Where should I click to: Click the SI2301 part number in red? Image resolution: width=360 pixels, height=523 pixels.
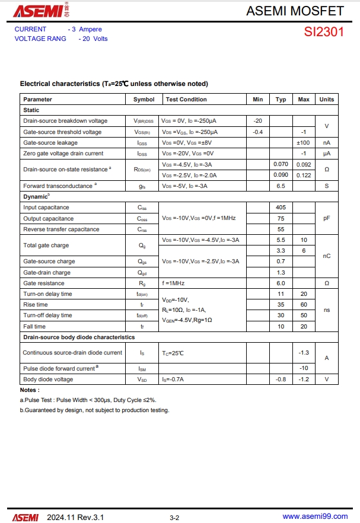(x=324, y=32)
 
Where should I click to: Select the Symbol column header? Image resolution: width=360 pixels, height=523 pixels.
(x=144, y=100)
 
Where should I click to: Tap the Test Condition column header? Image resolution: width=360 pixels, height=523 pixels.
(x=186, y=100)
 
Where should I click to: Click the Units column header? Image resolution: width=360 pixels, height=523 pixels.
(x=327, y=100)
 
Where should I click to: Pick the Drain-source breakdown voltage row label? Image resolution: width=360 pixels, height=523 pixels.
(x=65, y=121)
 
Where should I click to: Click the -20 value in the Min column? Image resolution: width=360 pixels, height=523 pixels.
(x=257, y=121)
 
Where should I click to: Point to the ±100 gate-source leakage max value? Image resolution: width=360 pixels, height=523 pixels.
(x=303, y=143)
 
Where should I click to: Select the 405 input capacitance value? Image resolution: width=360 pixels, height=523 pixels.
(x=281, y=208)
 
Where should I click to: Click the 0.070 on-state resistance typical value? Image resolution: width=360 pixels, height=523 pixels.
(x=281, y=164)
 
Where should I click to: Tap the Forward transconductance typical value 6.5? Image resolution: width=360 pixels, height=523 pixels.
(x=281, y=186)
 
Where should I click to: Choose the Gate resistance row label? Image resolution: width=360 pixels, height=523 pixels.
(x=44, y=283)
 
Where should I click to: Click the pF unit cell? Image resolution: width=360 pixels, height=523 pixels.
(x=327, y=218)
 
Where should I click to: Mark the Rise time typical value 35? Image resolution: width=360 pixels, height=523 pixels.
(x=281, y=305)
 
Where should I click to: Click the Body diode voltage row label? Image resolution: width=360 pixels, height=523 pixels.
(x=48, y=380)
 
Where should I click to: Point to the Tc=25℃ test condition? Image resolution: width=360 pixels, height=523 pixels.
(x=173, y=353)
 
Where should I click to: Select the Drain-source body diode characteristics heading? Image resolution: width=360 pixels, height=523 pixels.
(x=79, y=337)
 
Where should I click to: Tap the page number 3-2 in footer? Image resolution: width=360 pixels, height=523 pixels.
(x=174, y=518)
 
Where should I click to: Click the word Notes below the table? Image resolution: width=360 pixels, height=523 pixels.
(x=30, y=390)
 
